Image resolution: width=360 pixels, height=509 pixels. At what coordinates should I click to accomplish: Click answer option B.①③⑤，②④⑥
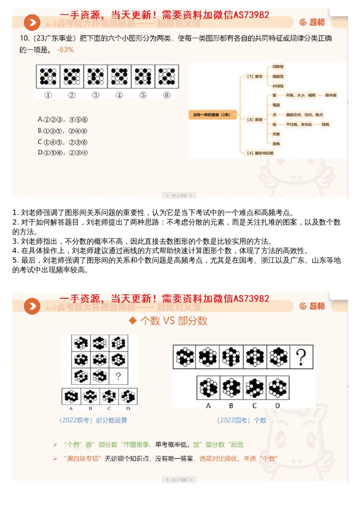pos(63,131)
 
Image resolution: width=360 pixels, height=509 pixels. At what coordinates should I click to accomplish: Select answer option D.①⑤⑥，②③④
pos(63,153)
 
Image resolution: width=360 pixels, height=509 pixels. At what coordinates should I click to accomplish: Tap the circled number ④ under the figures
pos(119,95)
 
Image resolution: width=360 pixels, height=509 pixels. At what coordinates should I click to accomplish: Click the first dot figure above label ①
pos(48,76)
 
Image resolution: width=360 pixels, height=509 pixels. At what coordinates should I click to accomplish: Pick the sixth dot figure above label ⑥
pos(166,76)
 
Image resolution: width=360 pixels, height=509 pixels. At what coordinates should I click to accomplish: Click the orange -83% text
pos(66,50)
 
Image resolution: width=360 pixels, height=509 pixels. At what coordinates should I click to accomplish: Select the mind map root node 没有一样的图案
pos(211,115)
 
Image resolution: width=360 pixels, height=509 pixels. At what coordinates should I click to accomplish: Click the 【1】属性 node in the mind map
pos(255,77)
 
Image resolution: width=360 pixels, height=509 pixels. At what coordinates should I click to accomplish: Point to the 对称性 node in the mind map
pos(278,67)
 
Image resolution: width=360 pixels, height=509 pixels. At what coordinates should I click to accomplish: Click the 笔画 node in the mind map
pos(276,105)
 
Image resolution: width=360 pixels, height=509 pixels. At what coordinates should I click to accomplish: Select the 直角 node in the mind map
pos(276,144)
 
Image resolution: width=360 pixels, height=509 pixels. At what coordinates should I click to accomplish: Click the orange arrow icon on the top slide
pos(32,23)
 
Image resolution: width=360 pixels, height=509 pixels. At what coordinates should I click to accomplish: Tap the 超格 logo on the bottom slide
pos(312,306)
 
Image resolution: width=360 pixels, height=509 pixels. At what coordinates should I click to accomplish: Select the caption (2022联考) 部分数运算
pos(93,420)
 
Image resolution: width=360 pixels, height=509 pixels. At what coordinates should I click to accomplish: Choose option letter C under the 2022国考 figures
pos(254,405)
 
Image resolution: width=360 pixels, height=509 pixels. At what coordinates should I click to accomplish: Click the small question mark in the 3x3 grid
pos(118,376)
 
